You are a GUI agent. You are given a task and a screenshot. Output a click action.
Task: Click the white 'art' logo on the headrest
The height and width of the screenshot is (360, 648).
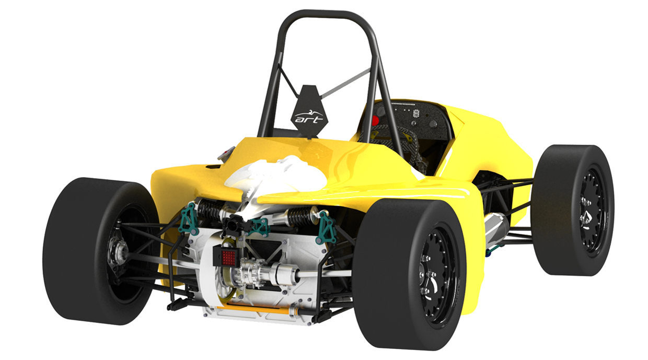pyautogui.click(x=308, y=118)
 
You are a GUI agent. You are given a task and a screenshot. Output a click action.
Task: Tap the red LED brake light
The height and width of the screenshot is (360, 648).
pyautogui.click(x=228, y=257)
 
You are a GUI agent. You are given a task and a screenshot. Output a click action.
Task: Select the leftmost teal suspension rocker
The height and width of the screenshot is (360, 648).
pyautogui.click(x=189, y=218)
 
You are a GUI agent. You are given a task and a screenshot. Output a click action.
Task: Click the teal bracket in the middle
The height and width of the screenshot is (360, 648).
pyautogui.click(x=259, y=226)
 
